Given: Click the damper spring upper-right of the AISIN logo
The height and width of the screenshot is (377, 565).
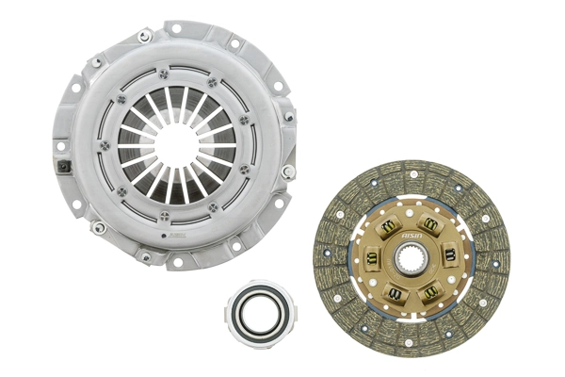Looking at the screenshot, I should pos(431,224).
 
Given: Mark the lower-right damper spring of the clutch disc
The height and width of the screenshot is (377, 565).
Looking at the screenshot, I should pos(432,292).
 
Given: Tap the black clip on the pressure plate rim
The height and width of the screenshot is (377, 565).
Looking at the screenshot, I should pos(64,167).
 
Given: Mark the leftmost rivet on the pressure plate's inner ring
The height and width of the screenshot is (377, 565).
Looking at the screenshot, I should pos(104,143).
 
